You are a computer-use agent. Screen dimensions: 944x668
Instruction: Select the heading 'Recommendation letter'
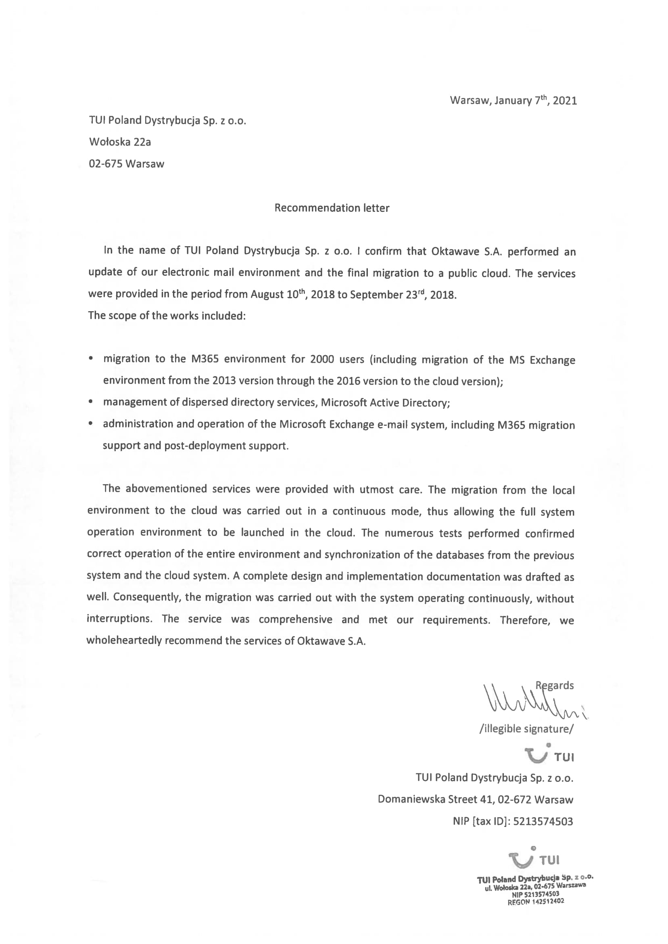click(332, 208)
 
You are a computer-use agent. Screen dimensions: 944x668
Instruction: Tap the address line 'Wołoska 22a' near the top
click(120, 142)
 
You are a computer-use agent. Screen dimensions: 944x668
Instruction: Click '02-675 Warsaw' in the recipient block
click(126, 164)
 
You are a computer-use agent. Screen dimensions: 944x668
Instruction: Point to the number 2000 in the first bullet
click(321, 359)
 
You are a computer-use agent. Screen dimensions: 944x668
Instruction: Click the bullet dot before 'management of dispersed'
click(90, 402)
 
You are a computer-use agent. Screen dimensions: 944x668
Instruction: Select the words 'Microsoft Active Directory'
click(384, 402)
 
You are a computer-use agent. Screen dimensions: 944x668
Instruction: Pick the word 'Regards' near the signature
click(555, 685)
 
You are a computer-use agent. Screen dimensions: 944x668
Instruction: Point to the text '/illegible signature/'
click(526, 729)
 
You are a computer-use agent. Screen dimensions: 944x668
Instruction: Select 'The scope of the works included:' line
click(167, 316)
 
